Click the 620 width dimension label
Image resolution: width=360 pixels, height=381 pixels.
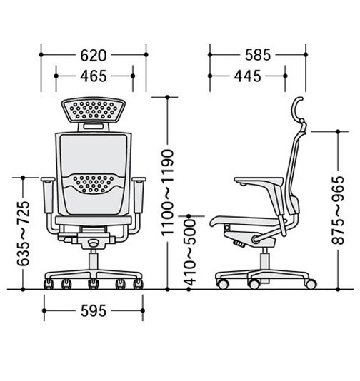pos(94,56)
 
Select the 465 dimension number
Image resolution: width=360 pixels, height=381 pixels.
pos(94,76)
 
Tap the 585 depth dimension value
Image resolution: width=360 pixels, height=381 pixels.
pos(258,55)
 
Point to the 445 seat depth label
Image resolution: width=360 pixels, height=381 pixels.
pos(247,76)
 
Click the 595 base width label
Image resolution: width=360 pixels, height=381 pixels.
pos(94,311)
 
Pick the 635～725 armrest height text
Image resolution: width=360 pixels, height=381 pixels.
pos(23,233)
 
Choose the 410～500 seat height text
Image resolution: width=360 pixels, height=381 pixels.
pos(189,253)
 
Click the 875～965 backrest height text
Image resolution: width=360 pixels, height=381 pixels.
pos(338,210)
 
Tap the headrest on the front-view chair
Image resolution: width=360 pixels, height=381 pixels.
pos(94,110)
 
